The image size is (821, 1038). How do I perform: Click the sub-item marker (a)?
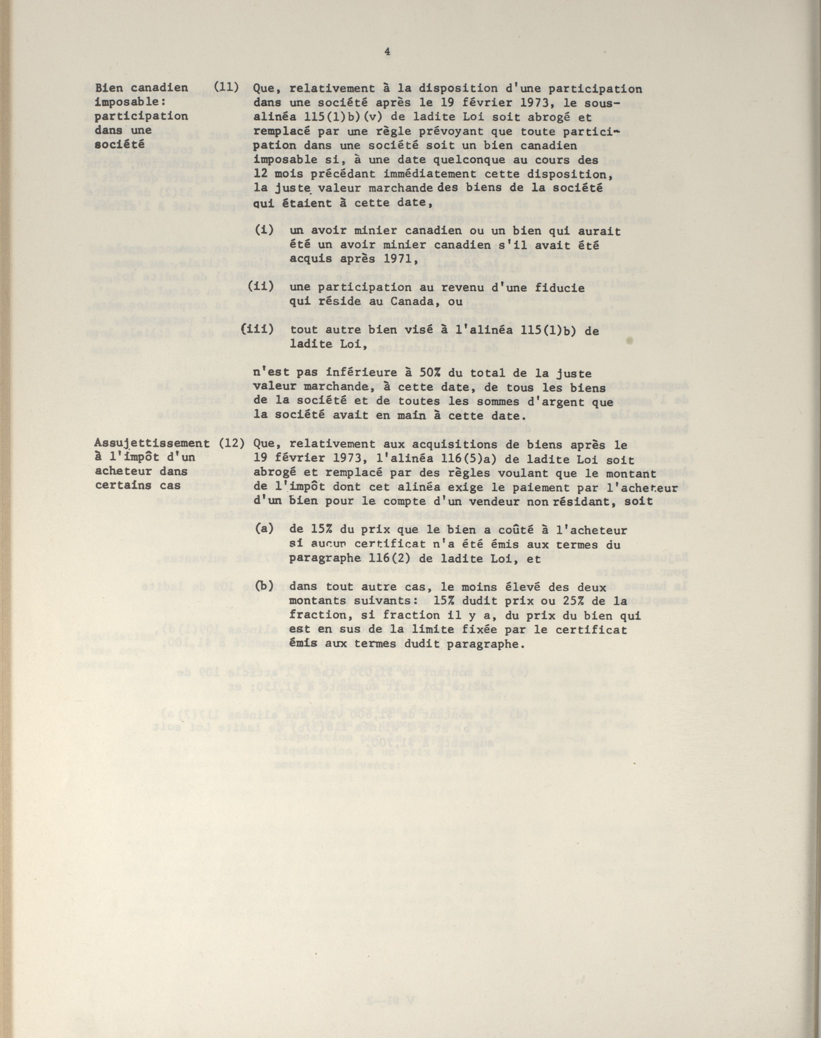pyautogui.click(x=264, y=529)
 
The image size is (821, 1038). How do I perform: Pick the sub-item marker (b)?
pyautogui.click(x=264, y=586)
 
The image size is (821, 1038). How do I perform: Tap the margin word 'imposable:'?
pyautogui.click(x=124, y=102)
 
